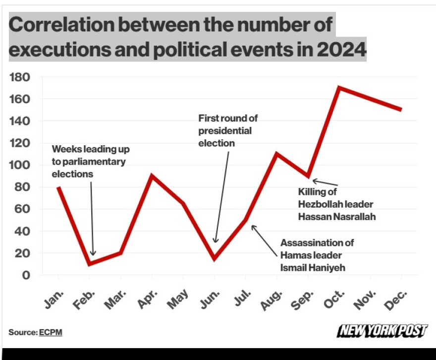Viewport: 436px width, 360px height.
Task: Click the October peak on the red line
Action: pos(338,88)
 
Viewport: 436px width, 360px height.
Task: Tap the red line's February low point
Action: pos(89,264)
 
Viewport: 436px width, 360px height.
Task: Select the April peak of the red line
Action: pos(152,176)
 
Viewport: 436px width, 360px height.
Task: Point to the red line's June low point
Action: pos(214,258)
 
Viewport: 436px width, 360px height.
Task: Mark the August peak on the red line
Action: pos(276,154)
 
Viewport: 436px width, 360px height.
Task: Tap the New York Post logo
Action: pos(381,331)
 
